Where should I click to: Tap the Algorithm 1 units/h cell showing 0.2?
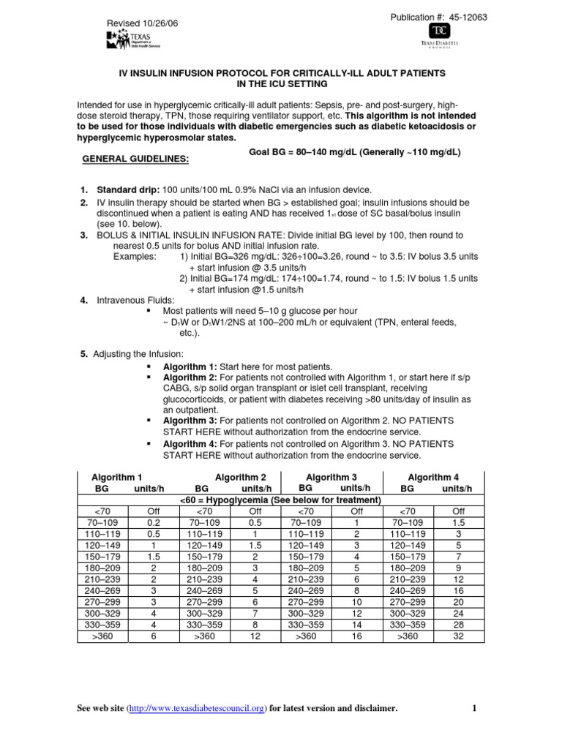(152, 523)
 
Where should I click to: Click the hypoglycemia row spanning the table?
(280, 500)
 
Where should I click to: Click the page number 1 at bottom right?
(474, 708)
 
